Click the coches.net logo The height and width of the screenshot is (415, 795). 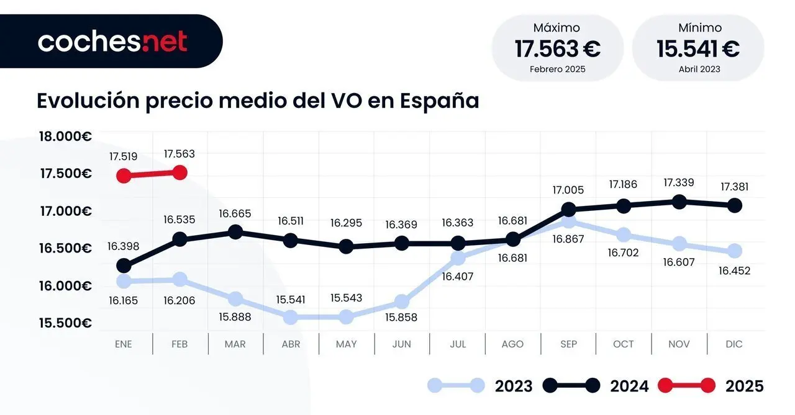pos(112,42)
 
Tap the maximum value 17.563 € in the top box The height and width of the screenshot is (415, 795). pos(557,48)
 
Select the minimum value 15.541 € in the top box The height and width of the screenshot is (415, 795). pos(698,48)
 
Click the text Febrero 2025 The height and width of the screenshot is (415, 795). pos(557,69)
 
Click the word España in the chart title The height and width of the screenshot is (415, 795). pos(439,100)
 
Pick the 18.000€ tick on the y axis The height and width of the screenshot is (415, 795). pos(65,136)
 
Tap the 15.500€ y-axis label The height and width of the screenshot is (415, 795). pos(65,323)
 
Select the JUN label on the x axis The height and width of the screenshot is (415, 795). pos(402,344)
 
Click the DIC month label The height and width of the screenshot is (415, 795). pos(734,344)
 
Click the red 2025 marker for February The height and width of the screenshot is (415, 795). pos(179,172)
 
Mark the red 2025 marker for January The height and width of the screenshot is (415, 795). pos(124,176)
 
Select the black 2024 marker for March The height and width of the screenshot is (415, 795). pos(235,232)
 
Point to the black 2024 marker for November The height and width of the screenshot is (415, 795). pos(679,202)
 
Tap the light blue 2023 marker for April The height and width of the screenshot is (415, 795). pos(291,317)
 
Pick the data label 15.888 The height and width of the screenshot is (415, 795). pos(235,318)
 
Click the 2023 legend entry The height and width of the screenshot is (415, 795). pos(513,386)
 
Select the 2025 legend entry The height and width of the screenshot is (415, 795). pos(744,386)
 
